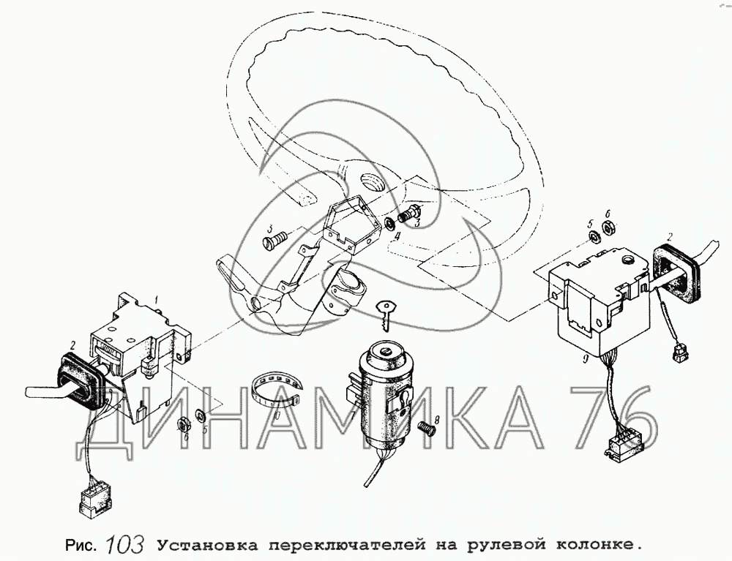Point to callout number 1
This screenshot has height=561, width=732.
point(157,299)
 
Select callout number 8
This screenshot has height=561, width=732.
point(437,420)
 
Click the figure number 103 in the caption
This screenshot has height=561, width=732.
point(124,543)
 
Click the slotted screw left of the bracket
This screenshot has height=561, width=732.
point(275,241)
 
